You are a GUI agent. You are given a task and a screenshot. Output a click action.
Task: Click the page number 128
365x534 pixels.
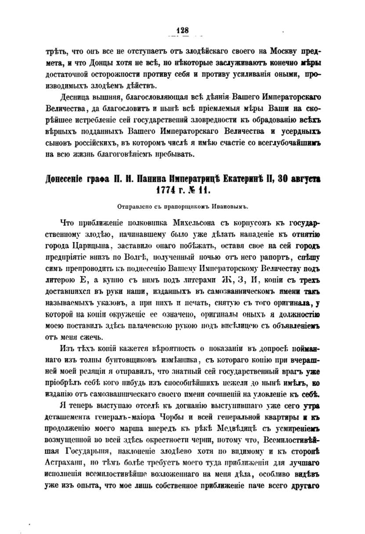[182, 30]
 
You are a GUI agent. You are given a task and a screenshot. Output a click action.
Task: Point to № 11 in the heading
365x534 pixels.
[201, 190]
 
